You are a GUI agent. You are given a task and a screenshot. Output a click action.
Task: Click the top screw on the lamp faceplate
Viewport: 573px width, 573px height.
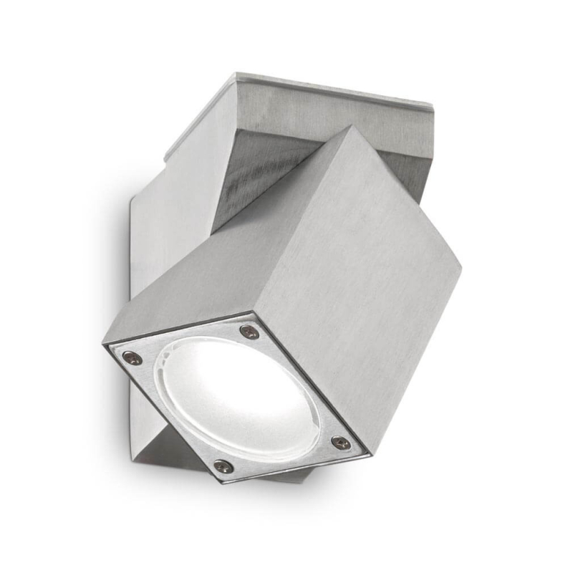249,332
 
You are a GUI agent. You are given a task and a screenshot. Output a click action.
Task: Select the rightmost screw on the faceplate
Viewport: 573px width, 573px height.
341,442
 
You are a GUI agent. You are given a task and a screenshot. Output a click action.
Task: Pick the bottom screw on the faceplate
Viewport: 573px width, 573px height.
222,466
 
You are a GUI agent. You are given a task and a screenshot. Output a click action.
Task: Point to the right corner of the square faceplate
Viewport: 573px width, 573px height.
369,456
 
